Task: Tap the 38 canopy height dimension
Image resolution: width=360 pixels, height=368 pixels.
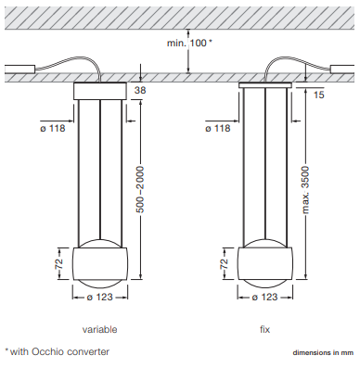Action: click(140, 90)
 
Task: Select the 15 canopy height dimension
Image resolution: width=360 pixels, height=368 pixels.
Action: click(318, 95)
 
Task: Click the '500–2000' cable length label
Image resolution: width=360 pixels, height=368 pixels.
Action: click(140, 189)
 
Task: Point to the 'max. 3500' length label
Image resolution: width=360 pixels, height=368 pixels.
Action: click(305, 190)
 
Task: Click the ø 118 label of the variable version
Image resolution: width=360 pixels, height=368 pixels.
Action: click(53, 128)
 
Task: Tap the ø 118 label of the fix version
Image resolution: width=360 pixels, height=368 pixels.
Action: click(218, 128)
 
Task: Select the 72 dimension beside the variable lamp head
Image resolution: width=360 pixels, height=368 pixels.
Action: click(58, 263)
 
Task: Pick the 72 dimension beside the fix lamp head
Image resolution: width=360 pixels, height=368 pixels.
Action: click(224, 263)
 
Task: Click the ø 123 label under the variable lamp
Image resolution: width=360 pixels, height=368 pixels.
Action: click(99, 298)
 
